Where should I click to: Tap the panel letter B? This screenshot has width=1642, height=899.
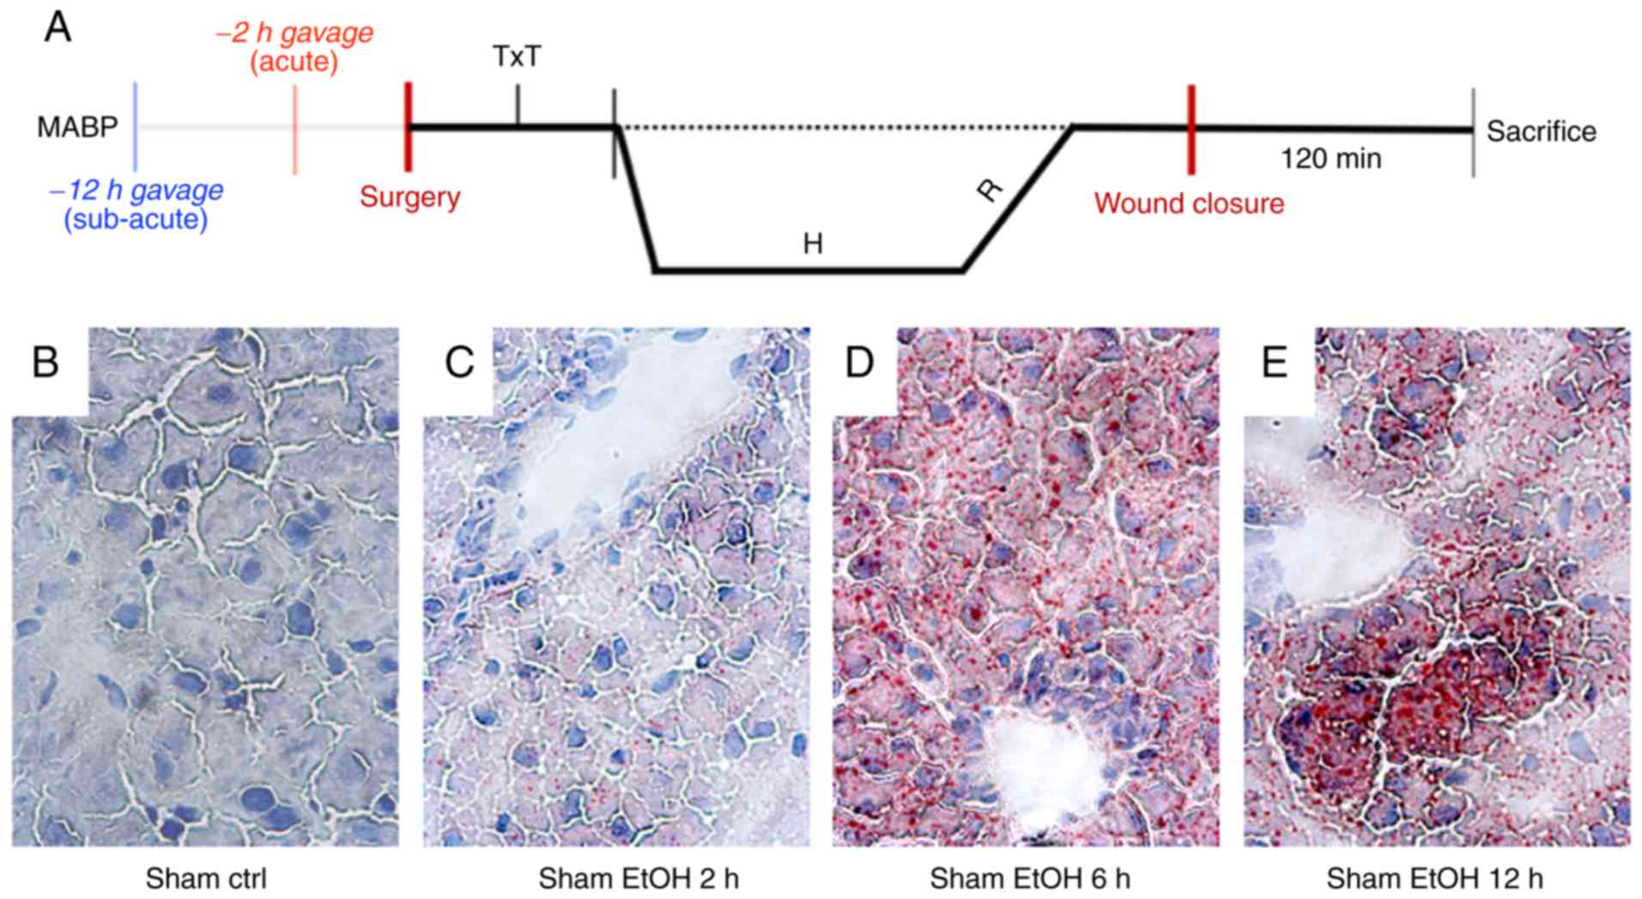(45, 362)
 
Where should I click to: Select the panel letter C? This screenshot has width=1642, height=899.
(458, 362)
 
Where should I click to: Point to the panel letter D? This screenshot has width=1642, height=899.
(859, 362)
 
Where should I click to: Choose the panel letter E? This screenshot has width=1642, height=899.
(1274, 362)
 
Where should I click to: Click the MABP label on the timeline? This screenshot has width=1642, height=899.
(77, 128)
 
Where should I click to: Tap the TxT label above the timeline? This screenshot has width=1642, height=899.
(517, 57)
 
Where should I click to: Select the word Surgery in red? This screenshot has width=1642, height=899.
(409, 196)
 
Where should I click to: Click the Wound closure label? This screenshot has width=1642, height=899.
(1189, 203)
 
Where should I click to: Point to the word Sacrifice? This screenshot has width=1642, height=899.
(1541, 131)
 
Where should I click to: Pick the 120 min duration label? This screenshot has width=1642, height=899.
(1330, 159)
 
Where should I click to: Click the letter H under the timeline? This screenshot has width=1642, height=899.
(812, 244)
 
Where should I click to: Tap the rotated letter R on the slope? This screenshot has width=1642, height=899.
(991, 189)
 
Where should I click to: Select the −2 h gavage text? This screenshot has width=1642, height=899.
(294, 33)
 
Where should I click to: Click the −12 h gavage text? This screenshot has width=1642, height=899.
(136, 190)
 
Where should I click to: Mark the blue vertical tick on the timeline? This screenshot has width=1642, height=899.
(136, 127)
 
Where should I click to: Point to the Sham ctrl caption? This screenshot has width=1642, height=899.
(206, 878)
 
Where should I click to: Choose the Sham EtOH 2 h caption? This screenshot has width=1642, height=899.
(638, 878)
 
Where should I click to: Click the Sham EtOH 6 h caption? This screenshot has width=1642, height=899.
(1029, 878)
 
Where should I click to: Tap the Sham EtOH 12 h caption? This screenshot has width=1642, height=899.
(1434, 878)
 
